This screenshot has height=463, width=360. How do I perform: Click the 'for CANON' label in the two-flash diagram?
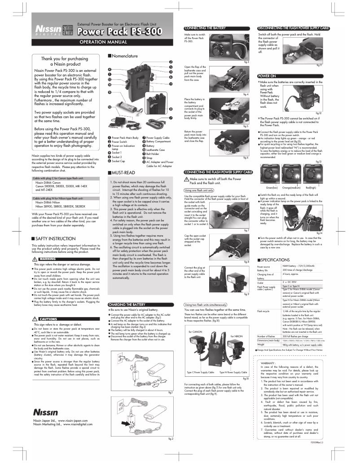tap(196, 332)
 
